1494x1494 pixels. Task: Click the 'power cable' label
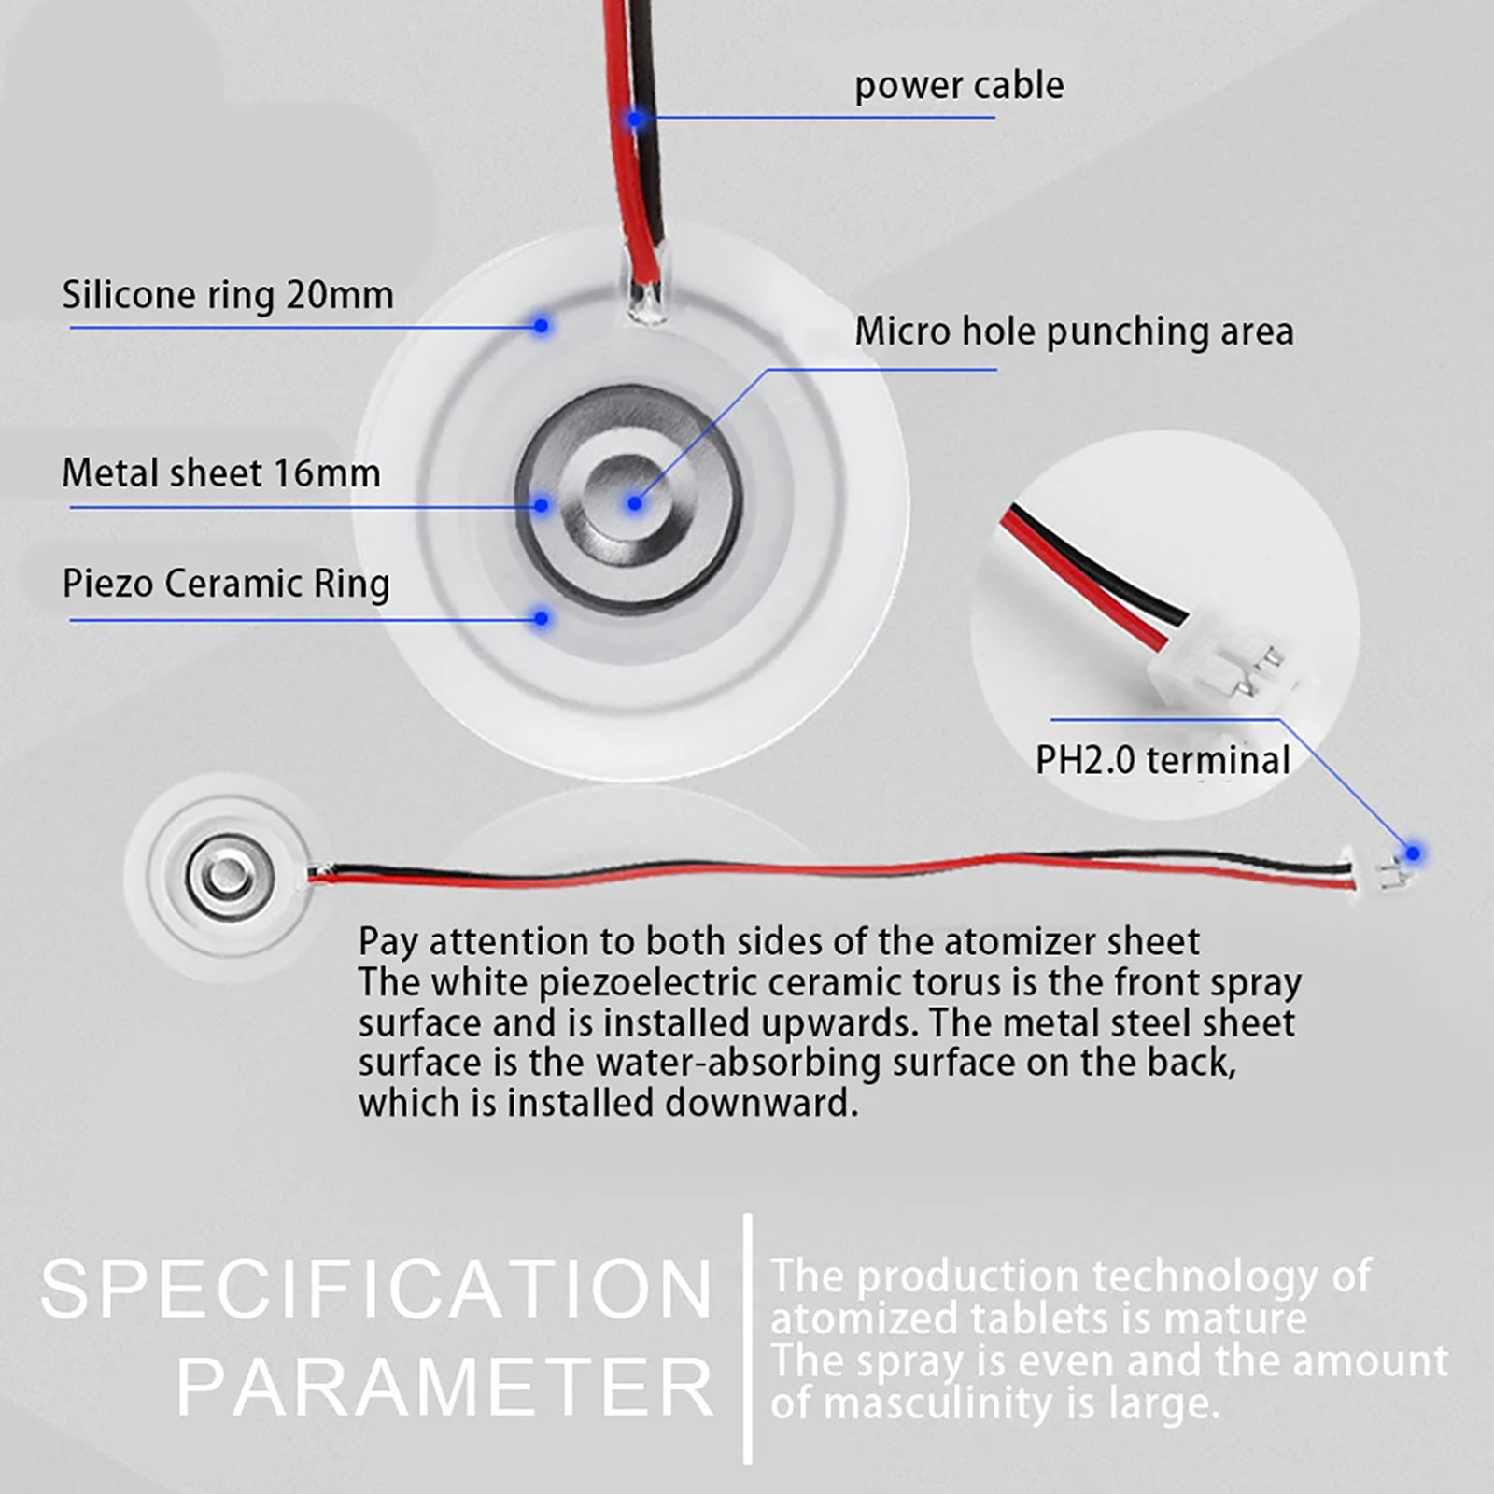click(x=959, y=86)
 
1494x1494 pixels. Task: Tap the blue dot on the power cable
click(x=635, y=119)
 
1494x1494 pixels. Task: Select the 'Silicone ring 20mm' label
click(x=228, y=295)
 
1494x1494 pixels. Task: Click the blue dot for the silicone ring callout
click(x=542, y=325)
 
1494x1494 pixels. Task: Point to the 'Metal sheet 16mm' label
click(x=221, y=473)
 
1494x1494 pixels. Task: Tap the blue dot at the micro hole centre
click(x=635, y=503)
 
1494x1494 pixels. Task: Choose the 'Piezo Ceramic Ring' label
click(x=226, y=585)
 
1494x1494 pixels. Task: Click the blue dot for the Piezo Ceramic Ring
click(x=542, y=618)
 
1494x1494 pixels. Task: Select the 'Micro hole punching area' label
click(x=1075, y=332)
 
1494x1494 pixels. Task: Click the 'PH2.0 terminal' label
click(x=1163, y=760)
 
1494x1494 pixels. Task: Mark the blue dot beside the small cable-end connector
click(x=1414, y=853)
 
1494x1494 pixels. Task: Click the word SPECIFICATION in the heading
click(x=377, y=1290)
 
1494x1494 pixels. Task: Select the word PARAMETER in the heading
click(x=445, y=1387)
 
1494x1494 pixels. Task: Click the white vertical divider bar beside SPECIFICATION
click(x=747, y=1339)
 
